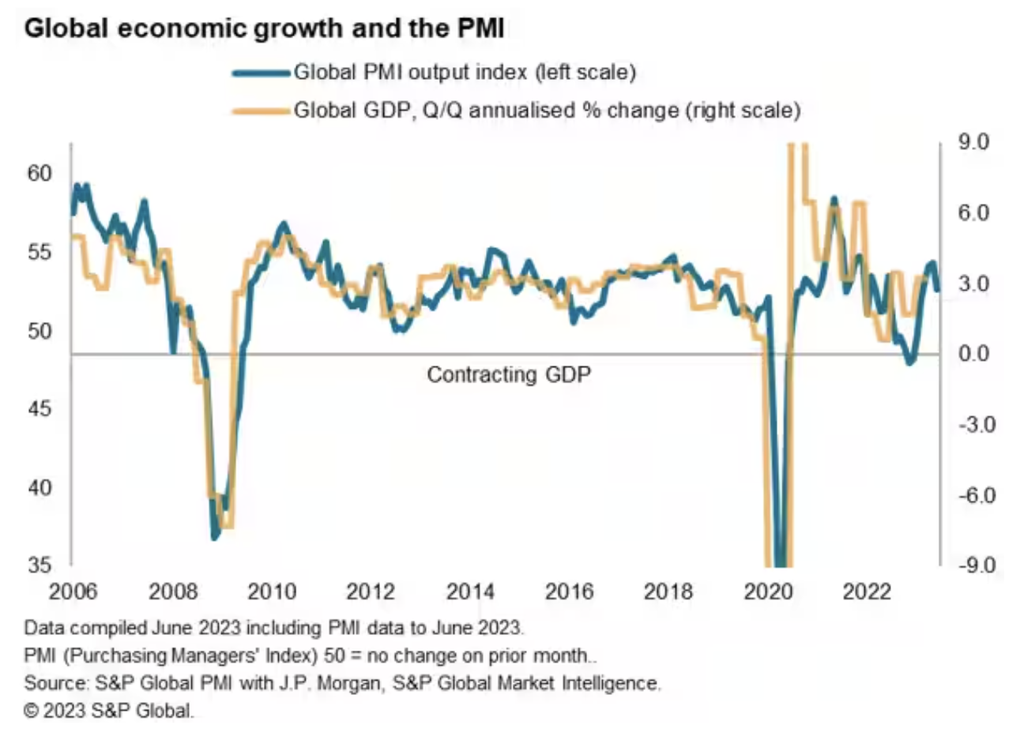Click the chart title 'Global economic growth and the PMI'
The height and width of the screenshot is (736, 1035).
[264, 29]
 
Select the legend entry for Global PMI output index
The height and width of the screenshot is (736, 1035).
[464, 73]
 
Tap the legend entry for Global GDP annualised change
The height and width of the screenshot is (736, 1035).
[547, 110]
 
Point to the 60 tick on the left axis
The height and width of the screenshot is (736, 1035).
[39, 173]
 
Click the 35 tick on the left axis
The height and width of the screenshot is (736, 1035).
[39, 565]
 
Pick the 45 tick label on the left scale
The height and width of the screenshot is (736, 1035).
[39, 408]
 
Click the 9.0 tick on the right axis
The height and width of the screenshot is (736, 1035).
[973, 142]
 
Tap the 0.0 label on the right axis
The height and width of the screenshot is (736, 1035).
[973, 354]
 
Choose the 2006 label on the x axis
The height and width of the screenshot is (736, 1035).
[73, 591]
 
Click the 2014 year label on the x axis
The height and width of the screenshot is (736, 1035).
[470, 591]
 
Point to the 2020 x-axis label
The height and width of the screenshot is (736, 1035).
[768, 591]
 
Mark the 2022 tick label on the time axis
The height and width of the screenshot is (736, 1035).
[867, 591]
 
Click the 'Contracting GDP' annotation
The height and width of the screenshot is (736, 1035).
[509, 374]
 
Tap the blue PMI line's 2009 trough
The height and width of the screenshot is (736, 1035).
[215, 537]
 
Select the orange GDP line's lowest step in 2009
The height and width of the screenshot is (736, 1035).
[228, 524]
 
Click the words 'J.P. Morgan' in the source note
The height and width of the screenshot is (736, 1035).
[325, 682]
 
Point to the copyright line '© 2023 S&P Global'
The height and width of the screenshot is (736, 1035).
[108, 710]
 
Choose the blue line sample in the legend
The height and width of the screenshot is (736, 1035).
[261, 73]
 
